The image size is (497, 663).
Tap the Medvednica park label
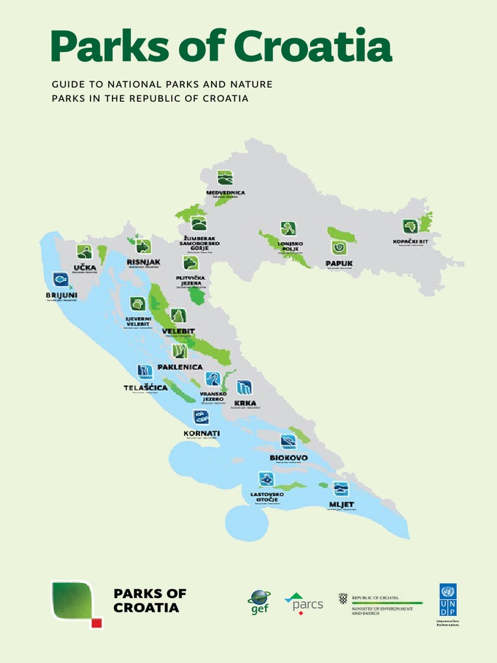tap(225, 192)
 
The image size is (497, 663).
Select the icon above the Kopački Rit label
tap(410, 227)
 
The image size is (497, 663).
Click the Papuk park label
tap(338, 264)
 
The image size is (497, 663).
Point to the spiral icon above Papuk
tap(338, 247)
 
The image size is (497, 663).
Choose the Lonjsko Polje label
tap(290, 246)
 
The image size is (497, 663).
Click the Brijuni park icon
tap(61, 279)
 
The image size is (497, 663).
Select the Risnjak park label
tap(143, 262)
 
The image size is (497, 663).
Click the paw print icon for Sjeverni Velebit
tap(137, 303)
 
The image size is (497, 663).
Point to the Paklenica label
tap(180, 367)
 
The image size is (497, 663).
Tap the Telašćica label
tap(146, 388)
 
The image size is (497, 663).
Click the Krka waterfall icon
tap(244, 388)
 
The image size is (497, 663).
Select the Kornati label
tap(201, 433)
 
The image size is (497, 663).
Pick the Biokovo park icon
tap(288, 442)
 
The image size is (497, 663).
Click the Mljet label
tap(342, 504)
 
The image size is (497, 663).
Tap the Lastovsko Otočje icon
tap(266, 479)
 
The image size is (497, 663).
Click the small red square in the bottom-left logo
tap(96, 623)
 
